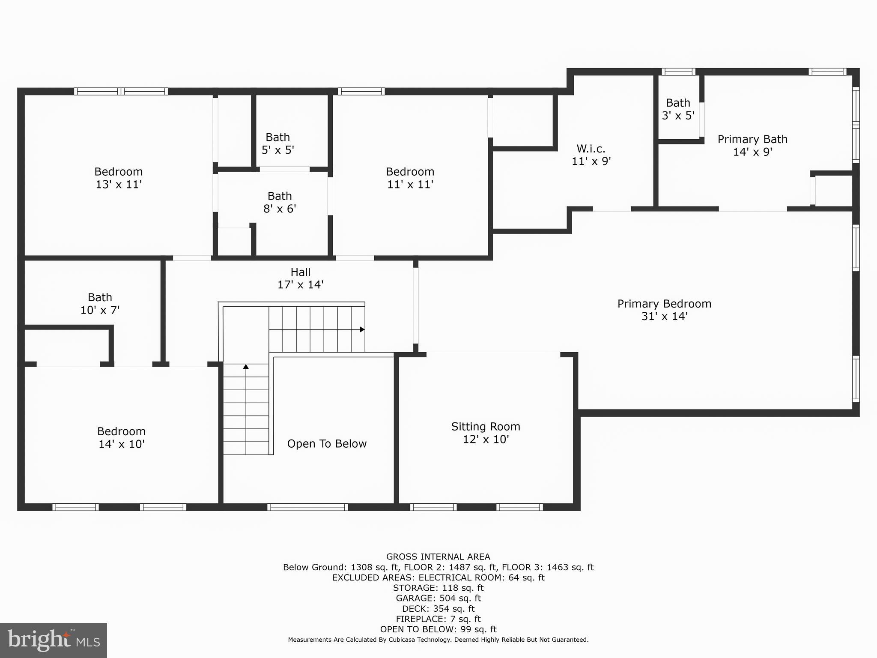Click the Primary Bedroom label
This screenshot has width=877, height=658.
pos(664,310)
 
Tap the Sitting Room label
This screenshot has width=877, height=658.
pos(486,433)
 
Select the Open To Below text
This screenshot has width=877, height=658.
pos(327,444)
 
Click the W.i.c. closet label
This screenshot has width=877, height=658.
pos(591,155)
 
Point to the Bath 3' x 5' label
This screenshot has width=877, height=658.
pos(678,109)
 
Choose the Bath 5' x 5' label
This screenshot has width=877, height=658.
pos(278,144)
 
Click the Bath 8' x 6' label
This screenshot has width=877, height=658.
pos(280,202)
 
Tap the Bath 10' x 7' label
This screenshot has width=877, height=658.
pos(100,303)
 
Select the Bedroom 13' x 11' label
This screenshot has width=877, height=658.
pos(119,178)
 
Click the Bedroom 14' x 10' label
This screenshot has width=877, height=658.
pos(121,437)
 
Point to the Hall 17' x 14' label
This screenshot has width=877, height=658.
pos(300,278)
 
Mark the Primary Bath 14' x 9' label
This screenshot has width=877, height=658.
pos(752,145)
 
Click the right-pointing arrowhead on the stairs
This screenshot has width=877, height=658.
pos(362,329)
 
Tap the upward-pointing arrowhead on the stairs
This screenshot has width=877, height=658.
pos(246,367)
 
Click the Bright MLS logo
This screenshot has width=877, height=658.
pos(54,640)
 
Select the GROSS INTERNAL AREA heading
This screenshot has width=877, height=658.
pos(438,557)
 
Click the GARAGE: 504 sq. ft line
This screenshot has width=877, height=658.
pos(438,598)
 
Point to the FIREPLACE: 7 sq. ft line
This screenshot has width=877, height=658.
pos(438,619)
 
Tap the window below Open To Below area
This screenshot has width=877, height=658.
pos(307,507)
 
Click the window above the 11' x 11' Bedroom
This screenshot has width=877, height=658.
pos(361,91)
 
